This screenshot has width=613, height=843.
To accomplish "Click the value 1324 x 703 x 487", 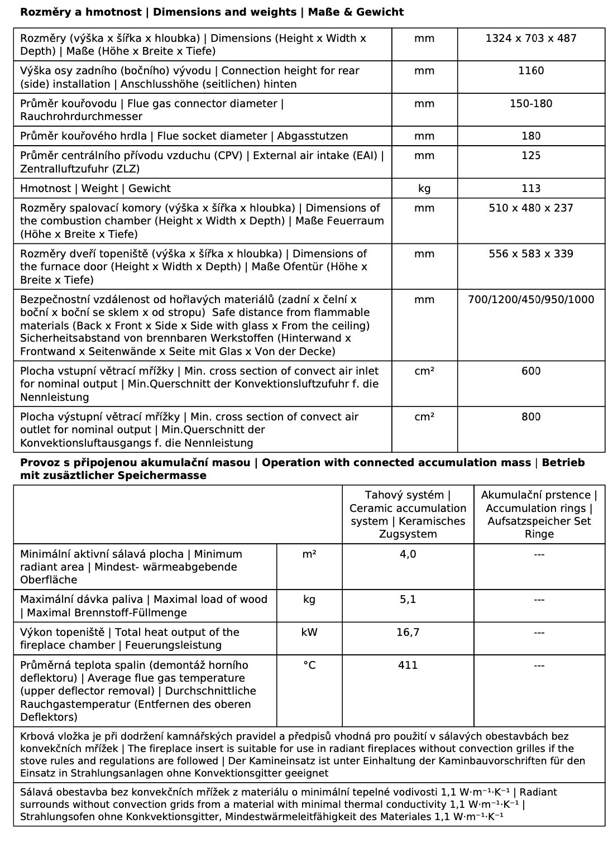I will click(x=531, y=39).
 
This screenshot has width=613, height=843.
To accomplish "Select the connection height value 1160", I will click(x=531, y=71).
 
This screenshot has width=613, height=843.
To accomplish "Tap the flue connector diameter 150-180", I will click(x=531, y=104).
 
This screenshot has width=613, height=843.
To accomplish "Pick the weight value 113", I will click(x=531, y=189).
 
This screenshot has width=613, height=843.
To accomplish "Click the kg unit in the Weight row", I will click(x=424, y=189).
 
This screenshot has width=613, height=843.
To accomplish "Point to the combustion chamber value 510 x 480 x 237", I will click(x=531, y=208).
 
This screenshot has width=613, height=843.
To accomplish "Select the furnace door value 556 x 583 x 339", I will click(x=531, y=254).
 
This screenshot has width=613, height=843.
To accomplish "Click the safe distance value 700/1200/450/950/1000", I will click(x=531, y=300).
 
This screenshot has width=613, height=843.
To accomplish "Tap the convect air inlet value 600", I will click(x=531, y=371).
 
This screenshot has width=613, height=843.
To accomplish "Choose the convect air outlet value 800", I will click(x=531, y=417).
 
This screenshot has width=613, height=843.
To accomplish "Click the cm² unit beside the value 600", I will click(x=424, y=371).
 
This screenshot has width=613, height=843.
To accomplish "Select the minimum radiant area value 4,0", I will click(x=408, y=554).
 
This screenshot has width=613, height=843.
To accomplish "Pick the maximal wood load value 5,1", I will click(x=408, y=600).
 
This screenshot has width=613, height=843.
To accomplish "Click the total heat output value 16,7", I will click(x=408, y=633).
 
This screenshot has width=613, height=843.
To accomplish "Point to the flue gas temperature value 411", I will click(x=408, y=665).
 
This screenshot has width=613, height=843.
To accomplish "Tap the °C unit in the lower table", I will click(x=309, y=665).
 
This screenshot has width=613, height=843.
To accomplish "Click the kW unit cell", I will click(x=309, y=633).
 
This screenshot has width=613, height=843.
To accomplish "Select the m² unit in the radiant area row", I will click(x=309, y=554).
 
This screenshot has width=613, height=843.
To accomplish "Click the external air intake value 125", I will click(x=531, y=156).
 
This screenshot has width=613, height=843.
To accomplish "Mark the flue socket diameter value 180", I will click(x=531, y=136).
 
